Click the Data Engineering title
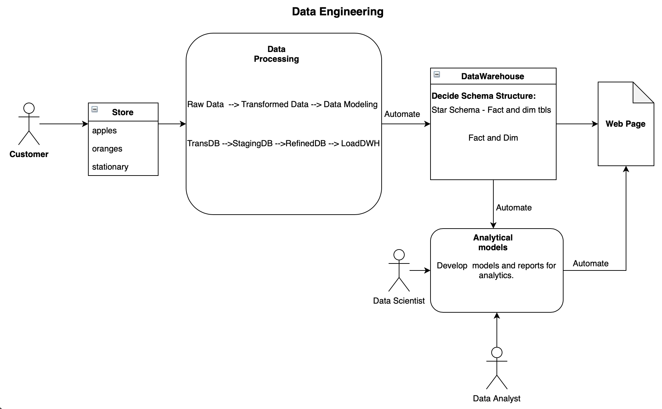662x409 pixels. click(x=337, y=12)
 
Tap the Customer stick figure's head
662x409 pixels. click(x=29, y=108)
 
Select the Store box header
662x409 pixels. click(x=123, y=112)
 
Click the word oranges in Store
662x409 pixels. click(x=107, y=149)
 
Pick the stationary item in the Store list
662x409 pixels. click(x=110, y=167)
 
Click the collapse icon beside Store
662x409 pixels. click(x=95, y=110)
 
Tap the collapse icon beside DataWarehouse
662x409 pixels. click(x=437, y=74)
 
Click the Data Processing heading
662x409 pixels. click(x=276, y=54)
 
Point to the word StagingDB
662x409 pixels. click(x=252, y=143)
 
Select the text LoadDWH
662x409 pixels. click(x=360, y=143)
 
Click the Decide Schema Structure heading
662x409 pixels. click(x=484, y=96)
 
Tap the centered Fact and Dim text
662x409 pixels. click(x=493, y=138)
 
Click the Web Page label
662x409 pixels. click(x=625, y=124)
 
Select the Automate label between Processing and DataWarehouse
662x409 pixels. click(x=402, y=114)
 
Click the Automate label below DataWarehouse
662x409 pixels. click(x=514, y=208)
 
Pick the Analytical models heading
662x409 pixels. click(x=493, y=243)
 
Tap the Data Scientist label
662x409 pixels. click(x=399, y=301)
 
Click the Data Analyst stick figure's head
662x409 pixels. click(x=496, y=352)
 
